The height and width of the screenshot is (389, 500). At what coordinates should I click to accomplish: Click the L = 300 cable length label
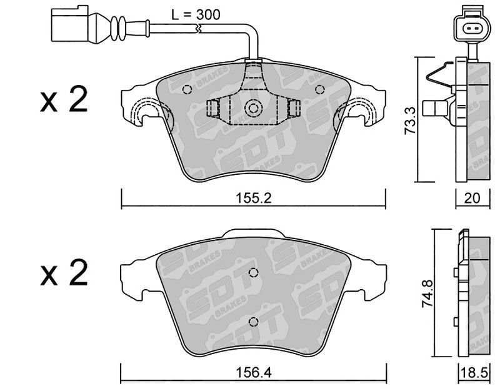(196, 14)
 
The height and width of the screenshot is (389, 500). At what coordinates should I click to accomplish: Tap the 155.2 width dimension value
(254, 198)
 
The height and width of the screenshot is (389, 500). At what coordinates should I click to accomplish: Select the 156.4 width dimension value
(254, 372)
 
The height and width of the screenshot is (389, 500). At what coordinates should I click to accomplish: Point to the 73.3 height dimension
(411, 121)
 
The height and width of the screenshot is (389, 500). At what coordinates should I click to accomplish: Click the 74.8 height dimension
(428, 293)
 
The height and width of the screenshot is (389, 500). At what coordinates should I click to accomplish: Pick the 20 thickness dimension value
(472, 198)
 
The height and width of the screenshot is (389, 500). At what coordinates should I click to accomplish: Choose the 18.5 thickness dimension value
(474, 372)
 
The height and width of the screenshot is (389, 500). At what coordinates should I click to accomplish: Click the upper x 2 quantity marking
(64, 100)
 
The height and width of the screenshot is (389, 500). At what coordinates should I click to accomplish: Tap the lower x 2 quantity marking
(64, 273)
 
